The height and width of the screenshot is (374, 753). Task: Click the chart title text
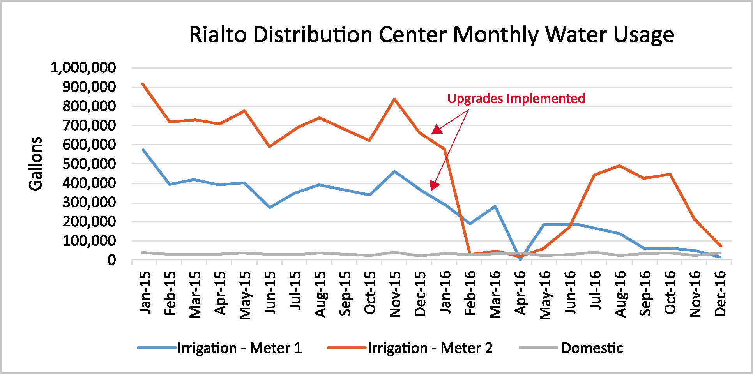point(431,35)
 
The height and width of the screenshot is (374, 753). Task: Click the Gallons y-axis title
point(35,164)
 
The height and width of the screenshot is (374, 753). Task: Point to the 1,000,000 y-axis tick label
point(83,68)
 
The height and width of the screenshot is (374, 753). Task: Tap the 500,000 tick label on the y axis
point(89,164)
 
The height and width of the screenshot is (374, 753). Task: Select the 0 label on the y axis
point(112,260)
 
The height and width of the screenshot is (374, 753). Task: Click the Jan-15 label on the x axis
point(145,292)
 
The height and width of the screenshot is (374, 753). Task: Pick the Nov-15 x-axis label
point(395,294)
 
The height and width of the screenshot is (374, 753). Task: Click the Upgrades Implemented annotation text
point(516,99)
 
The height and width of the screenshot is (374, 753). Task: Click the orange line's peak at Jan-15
point(143,84)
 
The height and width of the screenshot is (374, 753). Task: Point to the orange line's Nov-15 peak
point(394,99)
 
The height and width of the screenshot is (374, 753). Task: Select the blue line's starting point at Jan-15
point(143,150)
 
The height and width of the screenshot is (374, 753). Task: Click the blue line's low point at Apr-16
point(520,259)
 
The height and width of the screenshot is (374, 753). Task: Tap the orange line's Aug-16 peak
point(619,166)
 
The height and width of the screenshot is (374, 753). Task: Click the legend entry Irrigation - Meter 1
point(219,348)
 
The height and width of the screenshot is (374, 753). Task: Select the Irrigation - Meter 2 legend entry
point(410,348)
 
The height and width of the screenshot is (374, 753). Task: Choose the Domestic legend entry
point(571,348)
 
